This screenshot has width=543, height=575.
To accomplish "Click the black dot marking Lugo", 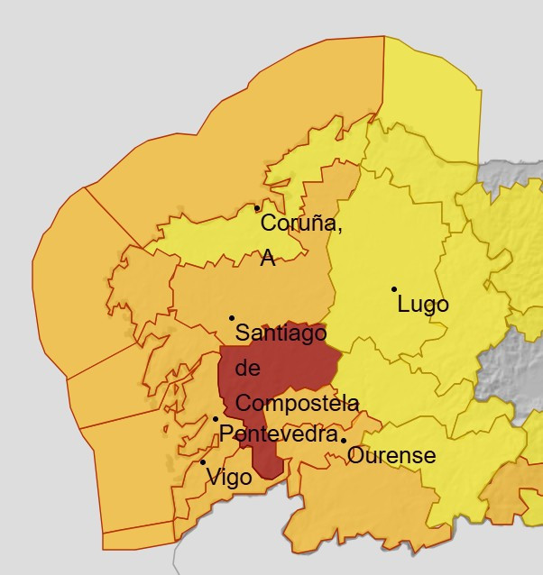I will pyautogui.click(x=394, y=289).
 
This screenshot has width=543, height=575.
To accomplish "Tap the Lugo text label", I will pyautogui.click(x=423, y=305).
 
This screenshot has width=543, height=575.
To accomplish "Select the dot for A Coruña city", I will pyautogui.click(x=257, y=209).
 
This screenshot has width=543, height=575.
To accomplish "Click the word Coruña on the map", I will pyautogui.click(x=300, y=224).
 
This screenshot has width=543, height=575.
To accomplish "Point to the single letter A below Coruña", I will pyautogui.click(x=268, y=259).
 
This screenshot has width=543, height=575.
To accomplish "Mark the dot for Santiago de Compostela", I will pyautogui.click(x=232, y=318).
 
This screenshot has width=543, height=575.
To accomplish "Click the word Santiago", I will pyautogui.click(x=281, y=333).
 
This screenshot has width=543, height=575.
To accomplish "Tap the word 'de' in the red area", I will pyautogui.click(x=247, y=369).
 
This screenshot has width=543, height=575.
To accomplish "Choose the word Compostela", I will pyautogui.click(x=297, y=403).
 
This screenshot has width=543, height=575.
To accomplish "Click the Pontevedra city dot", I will pyautogui.click(x=216, y=419).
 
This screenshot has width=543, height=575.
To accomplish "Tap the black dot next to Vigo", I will pyautogui.click(x=203, y=462).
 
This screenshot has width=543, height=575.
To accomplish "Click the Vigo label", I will pyautogui.click(x=229, y=477).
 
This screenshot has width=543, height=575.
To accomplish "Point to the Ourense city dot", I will pyautogui.click(x=344, y=441).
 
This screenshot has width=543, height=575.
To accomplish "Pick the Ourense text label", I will pyautogui.click(x=391, y=456).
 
